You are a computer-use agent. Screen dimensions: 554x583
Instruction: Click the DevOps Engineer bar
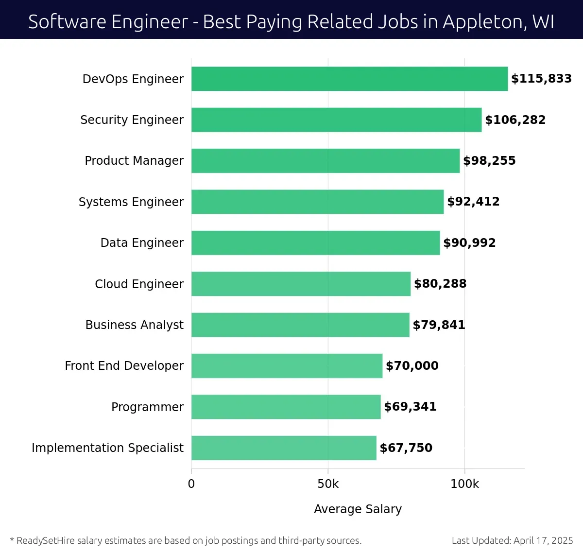point(349,79)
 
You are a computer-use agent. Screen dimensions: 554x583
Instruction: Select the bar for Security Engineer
point(336,120)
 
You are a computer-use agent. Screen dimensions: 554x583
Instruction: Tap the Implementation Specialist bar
point(284,448)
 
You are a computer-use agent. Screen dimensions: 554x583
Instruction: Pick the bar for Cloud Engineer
point(301,284)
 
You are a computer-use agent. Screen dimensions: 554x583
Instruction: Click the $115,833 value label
point(541,79)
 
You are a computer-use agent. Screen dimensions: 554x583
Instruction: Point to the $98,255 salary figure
point(489,161)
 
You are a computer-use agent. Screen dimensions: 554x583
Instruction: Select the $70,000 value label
point(412,366)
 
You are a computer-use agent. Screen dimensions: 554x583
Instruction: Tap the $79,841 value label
point(439,325)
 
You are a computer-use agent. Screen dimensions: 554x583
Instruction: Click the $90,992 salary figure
point(469,243)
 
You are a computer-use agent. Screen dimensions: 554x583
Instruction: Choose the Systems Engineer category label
point(131,202)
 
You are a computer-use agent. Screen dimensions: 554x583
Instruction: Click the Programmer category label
point(147,407)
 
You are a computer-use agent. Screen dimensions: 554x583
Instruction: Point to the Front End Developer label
point(124,366)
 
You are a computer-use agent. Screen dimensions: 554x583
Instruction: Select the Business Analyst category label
point(135,325)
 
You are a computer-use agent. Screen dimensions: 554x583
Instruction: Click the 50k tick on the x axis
point(328,484)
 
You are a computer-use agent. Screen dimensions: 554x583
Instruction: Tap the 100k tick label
point(464,484)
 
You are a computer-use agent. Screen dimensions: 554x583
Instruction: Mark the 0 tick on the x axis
point(191,484)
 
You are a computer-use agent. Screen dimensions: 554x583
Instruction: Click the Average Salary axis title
point(358,509)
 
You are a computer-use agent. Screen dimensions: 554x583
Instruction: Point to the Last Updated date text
point(512,540)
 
